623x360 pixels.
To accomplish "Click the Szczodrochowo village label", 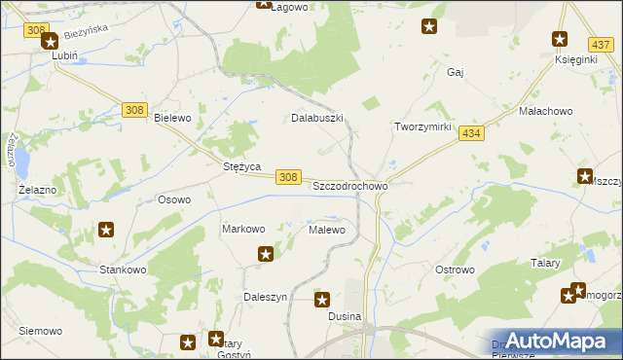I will [x=350, y=185].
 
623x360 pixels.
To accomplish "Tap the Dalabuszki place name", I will [x=318, y=118].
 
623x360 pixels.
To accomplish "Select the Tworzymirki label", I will [x=421, y=127].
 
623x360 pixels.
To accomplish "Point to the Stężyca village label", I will [x=241, y=166].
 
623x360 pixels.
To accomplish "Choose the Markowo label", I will [x=243, y=230].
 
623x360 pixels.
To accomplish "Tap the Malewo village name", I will [x=327, y=230].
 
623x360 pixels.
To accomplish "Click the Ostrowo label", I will [x=454, y=269].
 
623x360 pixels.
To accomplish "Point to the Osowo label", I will [x=174, y=199].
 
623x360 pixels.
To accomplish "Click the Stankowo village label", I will [x=123, y=269].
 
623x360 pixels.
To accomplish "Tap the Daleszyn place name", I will [x=265, y=297].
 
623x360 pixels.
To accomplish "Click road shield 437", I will [x=600, y=45].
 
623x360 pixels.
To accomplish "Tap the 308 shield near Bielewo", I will [x=134, y=110].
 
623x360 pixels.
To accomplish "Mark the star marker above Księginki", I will [x=560, y=40].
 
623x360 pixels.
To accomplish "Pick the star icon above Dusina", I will [x=323, y=301].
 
